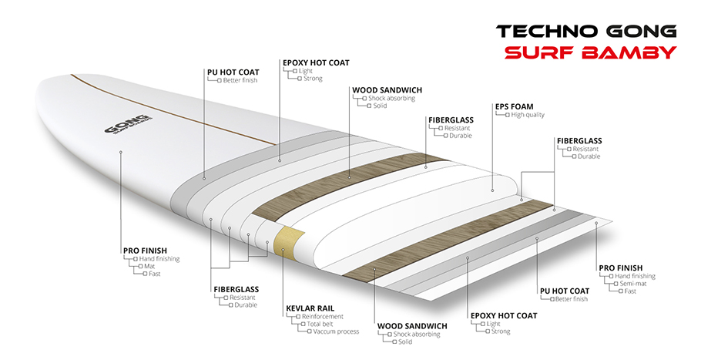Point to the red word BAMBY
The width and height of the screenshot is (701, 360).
629,52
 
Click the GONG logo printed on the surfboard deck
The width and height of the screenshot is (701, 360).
128,125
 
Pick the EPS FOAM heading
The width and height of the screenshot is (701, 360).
514,107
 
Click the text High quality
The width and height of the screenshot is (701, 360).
528,115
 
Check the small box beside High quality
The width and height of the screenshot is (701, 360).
508,115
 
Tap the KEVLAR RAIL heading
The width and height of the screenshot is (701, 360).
310,308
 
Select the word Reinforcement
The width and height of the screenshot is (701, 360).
322,316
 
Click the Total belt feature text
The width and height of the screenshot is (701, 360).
320,324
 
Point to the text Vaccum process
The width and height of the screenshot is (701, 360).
336,331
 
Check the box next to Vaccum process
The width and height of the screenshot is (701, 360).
309,331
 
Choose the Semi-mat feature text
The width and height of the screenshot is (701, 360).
633,284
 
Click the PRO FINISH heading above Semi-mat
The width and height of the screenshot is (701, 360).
621,267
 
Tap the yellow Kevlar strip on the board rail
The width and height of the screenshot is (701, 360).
289,242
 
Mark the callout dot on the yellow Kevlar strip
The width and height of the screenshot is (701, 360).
283,250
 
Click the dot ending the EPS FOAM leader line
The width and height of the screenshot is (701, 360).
493,190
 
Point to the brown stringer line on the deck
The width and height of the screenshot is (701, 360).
172,110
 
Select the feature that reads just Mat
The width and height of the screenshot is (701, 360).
149,266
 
